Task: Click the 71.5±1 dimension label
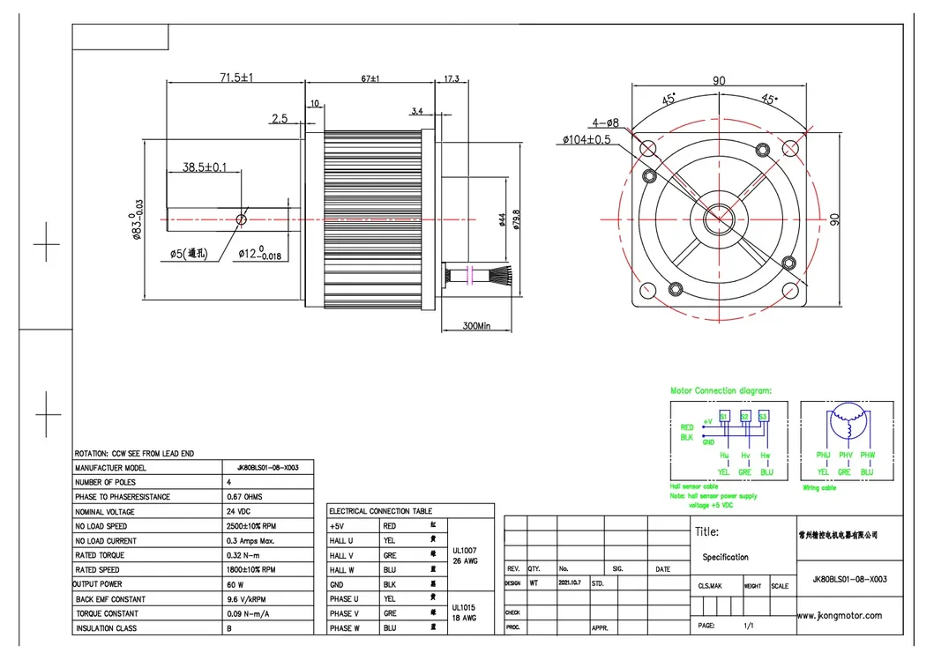pos(235,78)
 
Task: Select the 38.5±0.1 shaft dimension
pos(205,167)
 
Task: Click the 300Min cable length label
pos(475,326)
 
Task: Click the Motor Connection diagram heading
pos(721,389)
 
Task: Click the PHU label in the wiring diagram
pos(823,456)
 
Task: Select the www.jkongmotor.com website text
pos(838,615)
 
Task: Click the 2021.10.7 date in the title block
pos(570,583)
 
